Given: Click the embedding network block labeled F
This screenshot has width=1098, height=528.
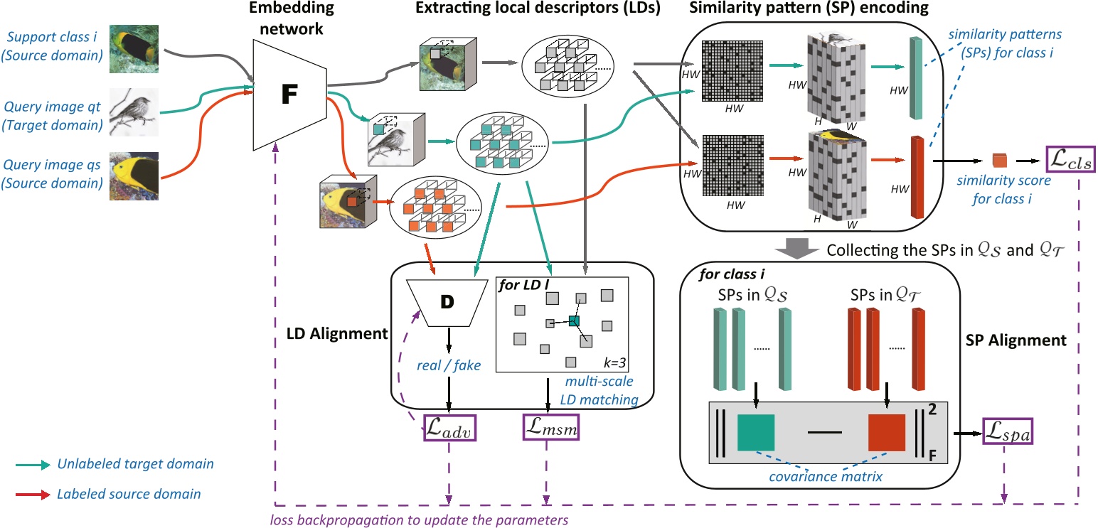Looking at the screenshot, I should [287, 94].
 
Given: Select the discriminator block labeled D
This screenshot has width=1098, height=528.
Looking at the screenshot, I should [447, 301].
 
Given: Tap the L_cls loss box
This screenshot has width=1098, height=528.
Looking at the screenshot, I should [1070, 161].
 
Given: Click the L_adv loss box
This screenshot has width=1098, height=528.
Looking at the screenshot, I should [449, 426].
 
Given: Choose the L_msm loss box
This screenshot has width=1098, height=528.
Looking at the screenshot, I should [548, 426].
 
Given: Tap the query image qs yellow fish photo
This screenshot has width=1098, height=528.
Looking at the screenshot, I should [134, 176].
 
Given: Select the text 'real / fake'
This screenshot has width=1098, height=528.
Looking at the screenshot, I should [448, 365].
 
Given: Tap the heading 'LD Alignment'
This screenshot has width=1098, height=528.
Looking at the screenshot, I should [334, 333].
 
